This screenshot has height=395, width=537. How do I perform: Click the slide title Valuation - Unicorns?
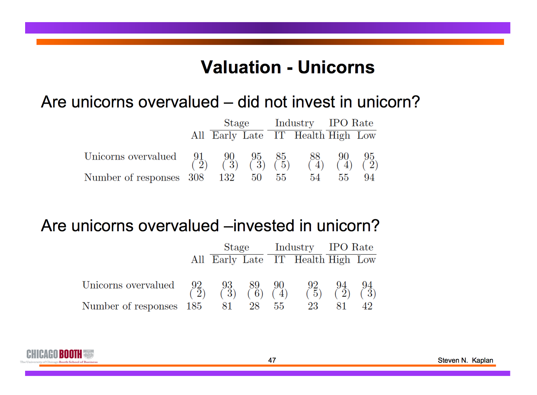287,67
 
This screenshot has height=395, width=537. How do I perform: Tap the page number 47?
272,360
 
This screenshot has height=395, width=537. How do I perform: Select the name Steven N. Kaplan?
465,360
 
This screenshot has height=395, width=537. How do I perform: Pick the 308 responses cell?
196,178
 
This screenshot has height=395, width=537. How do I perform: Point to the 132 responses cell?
227,178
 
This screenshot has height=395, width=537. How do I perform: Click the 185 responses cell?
194,306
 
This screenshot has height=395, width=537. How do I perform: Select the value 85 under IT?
281,156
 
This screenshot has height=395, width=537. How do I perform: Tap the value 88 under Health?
315,156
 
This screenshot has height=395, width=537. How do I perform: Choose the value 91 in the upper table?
198,156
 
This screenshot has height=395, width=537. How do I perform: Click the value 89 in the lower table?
254,285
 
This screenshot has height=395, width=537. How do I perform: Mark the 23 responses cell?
313,306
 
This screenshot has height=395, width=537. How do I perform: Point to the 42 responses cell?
367,306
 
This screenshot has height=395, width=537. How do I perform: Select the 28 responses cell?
254,306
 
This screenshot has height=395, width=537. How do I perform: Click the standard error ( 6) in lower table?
255,293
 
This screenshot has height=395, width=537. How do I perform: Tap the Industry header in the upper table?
294,123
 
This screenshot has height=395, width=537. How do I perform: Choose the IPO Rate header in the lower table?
351,247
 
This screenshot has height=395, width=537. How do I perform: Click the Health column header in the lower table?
309,259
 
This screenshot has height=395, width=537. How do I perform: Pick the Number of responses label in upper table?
132,178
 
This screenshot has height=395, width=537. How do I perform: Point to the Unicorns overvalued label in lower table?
128,285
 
